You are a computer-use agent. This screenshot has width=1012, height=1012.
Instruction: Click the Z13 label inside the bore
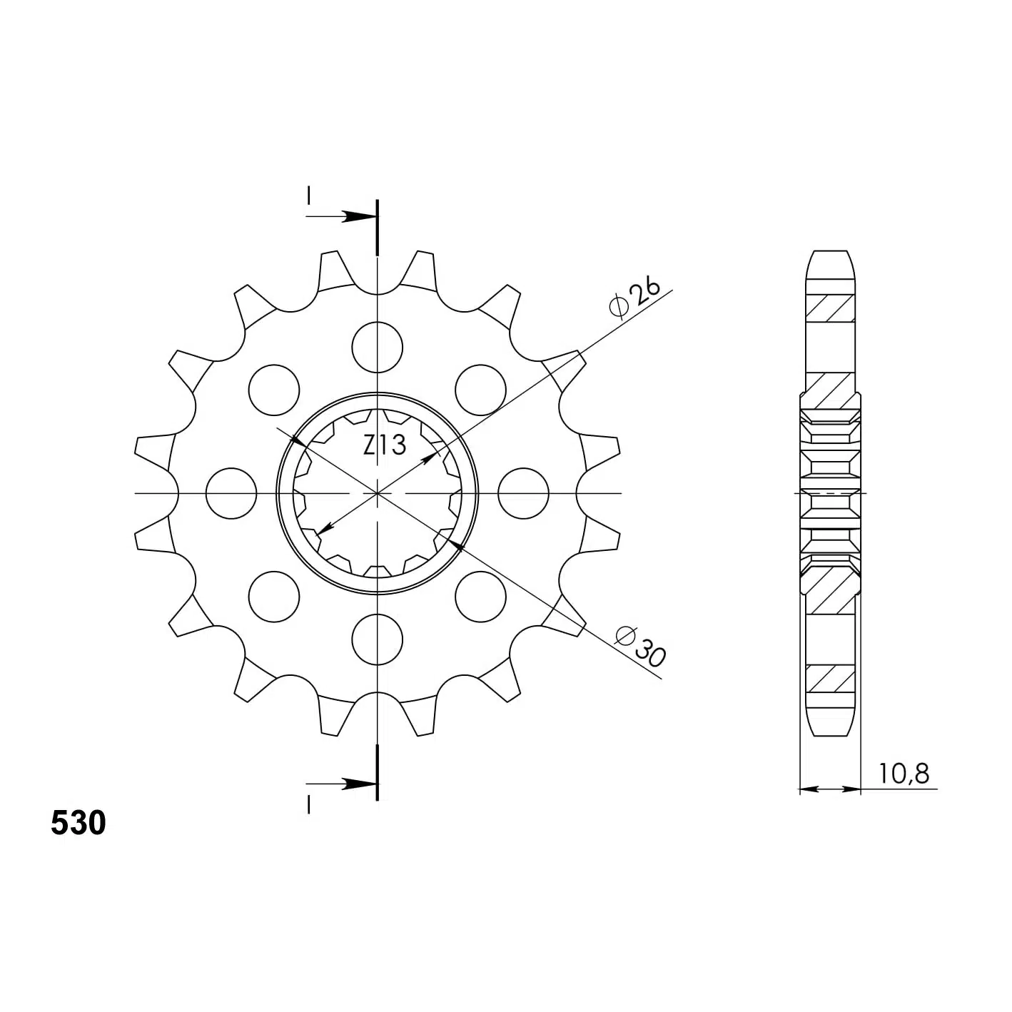[x=385, y=445]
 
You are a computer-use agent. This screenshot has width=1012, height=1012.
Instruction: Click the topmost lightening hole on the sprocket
[x=377, y=347]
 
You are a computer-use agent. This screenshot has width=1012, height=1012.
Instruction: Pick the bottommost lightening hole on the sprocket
[x=377, y=639]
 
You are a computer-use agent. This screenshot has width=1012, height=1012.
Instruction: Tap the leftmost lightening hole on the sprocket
[x=231, y=493]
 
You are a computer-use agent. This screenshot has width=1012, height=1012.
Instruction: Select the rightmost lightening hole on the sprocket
[x=523, y=493]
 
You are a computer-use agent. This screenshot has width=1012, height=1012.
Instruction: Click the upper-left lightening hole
[x=273, y=390]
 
